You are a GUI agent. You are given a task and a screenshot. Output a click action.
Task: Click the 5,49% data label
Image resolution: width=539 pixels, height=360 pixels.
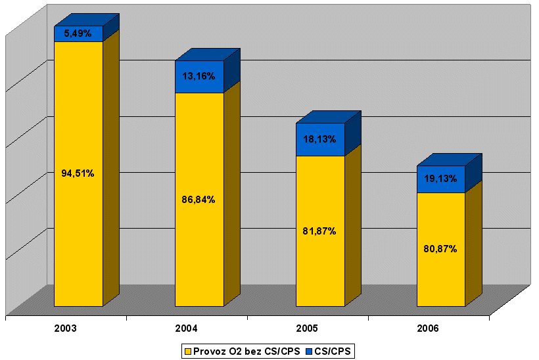pos(78,34)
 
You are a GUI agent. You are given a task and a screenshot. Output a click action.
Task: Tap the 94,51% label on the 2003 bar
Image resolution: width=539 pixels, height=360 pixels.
pos(78,173)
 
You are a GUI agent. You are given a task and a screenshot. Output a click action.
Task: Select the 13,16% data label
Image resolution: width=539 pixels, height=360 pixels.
pos(199,76)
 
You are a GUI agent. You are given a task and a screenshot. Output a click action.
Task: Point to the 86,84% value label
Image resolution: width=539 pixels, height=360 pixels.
pos(199,199)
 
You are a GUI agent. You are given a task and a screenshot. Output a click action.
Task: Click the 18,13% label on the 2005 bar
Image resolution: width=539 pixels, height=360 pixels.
pos(320,139)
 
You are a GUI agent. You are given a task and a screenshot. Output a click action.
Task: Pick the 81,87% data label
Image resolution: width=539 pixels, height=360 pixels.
pos(320,231)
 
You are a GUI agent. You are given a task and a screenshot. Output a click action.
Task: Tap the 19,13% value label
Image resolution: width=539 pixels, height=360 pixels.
pos(441,179)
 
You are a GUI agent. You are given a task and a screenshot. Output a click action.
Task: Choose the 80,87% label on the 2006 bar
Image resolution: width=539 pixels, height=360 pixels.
pos(441,249)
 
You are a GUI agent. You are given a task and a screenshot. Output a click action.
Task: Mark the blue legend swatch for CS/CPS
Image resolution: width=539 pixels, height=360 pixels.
pos(308,351)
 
